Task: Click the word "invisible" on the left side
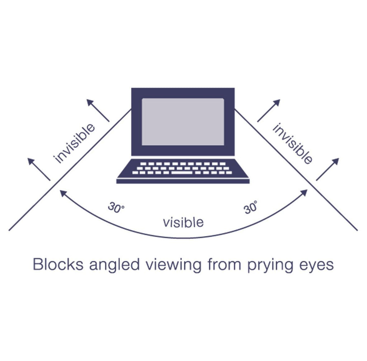click(x=75, y=143)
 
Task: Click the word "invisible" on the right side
click(x=292, y=143)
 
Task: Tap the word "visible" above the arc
click(x=183, y=223)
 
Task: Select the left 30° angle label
click(x=116, y=208)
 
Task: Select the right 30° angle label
click(x=251, y=208)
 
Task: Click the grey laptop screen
click(x=183, y=122)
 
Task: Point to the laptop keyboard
click(x=183, y=168)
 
